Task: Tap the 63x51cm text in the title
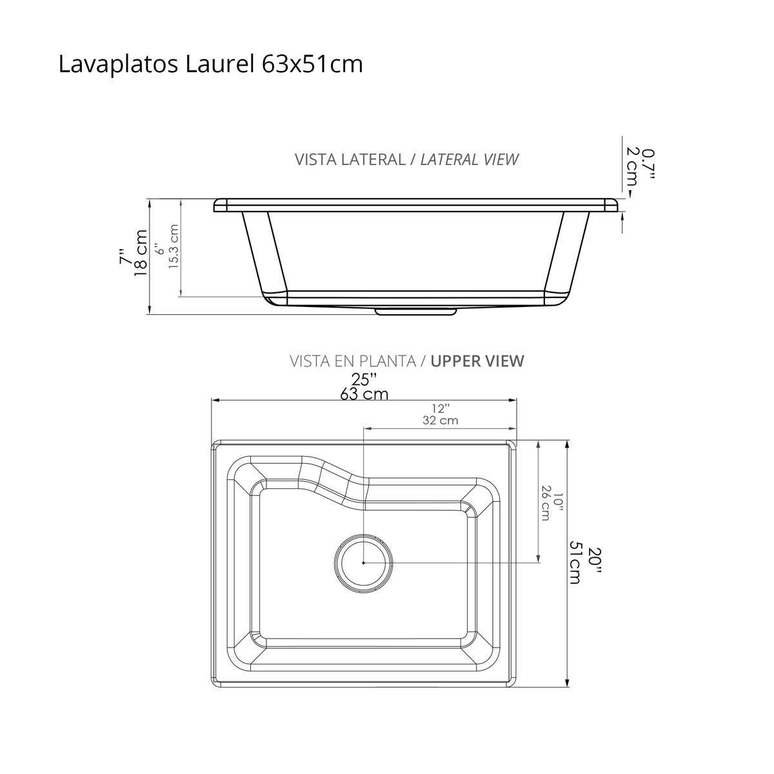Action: coord(312,64)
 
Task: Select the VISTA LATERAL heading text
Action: coord(349,159)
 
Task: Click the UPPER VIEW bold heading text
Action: coord(477,361)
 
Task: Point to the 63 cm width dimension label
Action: coord(364,393)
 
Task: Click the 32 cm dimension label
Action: coord(441,421)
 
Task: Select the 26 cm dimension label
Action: coord(546,502)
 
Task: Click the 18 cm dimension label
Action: coord(141,253)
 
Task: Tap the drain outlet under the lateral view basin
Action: coord(416,312)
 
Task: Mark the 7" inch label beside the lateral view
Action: coord(125,256)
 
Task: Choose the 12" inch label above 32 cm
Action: coord(441,408)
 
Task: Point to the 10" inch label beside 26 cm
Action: coord(559,502)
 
